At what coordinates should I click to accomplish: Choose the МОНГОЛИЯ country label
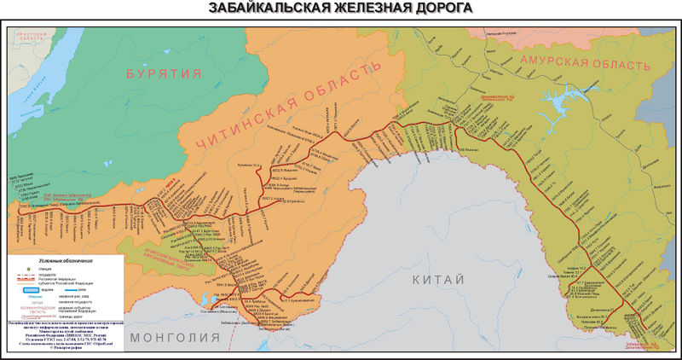tap(171, 337)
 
